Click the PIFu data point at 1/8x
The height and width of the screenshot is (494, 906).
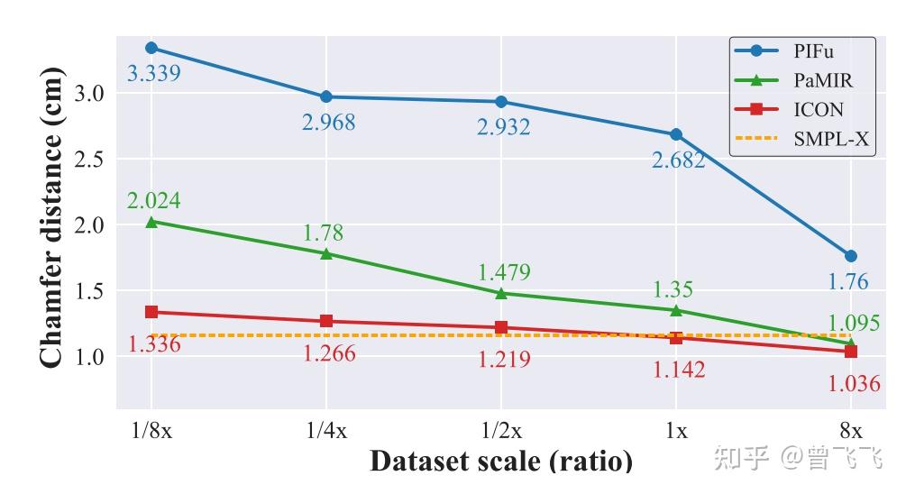pos(151,48)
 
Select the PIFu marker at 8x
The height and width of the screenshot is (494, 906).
pos(851,256)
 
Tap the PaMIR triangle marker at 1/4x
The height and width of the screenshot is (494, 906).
pos(326,253)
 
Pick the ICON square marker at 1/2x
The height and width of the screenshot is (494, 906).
pos(501,327)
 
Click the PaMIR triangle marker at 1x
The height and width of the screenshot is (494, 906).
pos(676,310)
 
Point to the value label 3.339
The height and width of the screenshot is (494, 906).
pos(153,73)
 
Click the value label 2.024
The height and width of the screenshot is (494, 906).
pos(153,200)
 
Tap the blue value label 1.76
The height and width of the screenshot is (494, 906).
pos(848,282)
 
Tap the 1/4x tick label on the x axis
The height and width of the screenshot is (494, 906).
pos(326,430)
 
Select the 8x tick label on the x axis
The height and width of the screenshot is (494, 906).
pos(851,430)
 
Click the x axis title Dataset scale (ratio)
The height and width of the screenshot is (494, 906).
pos(500,462)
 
